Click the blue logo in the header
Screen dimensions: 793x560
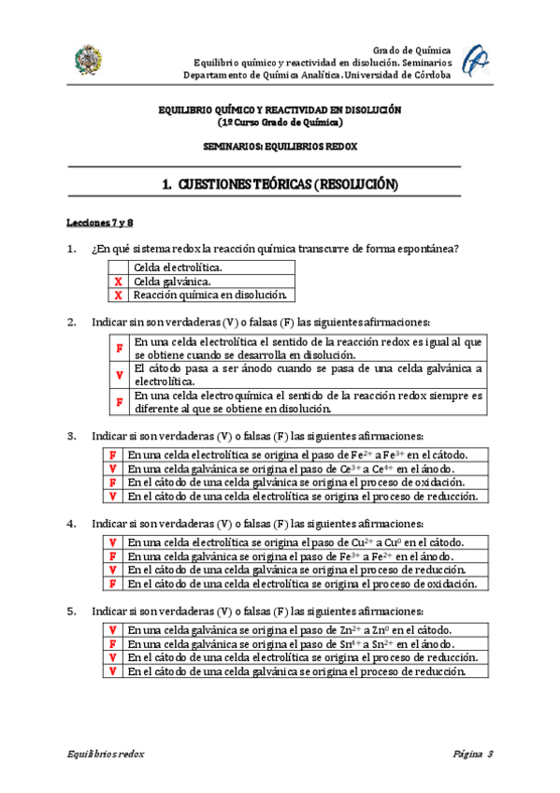[x=475, y=59]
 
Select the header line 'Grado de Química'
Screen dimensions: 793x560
[x=411, y=50]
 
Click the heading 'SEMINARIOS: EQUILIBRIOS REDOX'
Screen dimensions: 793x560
[x=280, y=147]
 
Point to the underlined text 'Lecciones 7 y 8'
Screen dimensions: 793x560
[x=100, y=223]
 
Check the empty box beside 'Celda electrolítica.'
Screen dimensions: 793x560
[x=118, y=267]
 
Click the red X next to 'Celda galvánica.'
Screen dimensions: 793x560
[x=118, y=281]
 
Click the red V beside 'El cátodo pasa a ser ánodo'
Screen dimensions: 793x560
[x=119, y=375]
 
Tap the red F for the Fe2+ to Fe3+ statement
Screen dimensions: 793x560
[x=112, y=454]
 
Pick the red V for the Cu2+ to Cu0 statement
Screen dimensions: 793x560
[x=112, y=542]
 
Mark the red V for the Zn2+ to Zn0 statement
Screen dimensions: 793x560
[x=112, y=630]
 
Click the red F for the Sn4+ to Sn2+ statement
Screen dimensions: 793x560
[x=112, y=644]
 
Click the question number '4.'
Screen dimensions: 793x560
[x=71, y=524]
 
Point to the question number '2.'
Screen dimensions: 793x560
[x=71, y=323]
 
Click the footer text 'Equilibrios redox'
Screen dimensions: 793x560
[x=105, y=754]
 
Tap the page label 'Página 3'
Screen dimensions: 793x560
[x=472, y=754]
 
